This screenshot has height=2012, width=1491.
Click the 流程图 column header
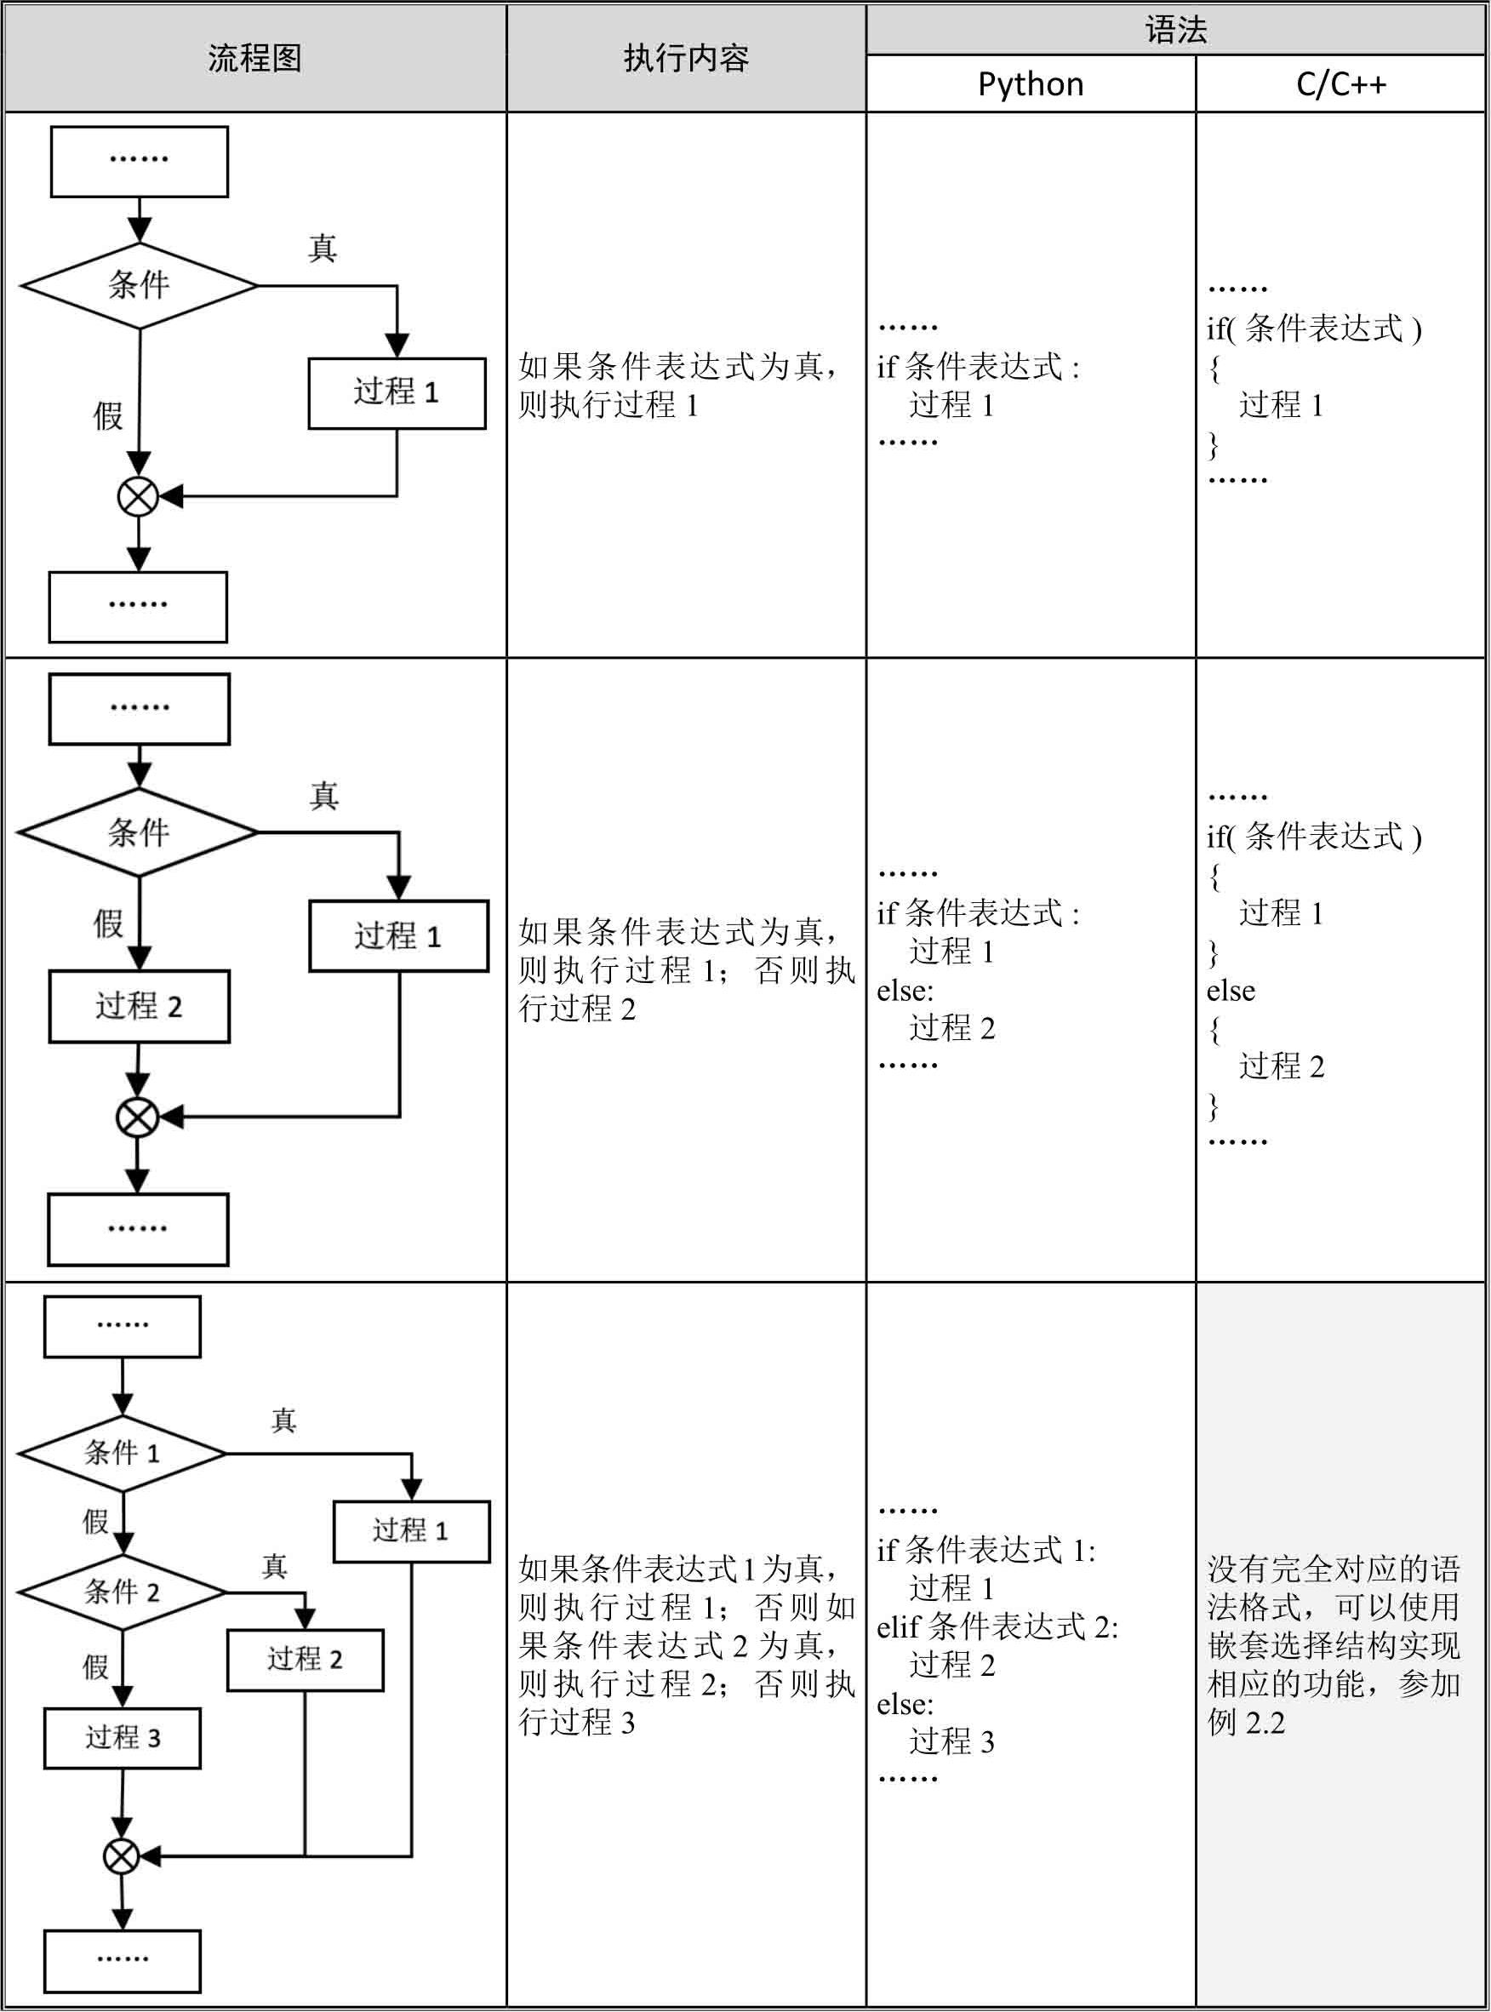coord(254,59)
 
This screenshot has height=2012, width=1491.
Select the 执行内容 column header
coord(686,59)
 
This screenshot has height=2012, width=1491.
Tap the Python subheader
coord(1031,85)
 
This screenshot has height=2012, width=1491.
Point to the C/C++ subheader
coord(1340,85)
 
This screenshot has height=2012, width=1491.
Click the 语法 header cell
coord(1175,31)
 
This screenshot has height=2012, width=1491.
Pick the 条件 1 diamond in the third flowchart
coord(122,1452)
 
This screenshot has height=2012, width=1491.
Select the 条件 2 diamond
coord(122,1592)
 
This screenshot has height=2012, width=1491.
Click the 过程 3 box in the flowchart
coord(122,1737)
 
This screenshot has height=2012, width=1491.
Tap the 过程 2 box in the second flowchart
coord(139,1005)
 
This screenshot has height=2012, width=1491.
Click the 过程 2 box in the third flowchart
coord(305,1659)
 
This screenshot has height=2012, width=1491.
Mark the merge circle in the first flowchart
coord(138,495)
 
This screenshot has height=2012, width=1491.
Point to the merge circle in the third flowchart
coord(121,1856)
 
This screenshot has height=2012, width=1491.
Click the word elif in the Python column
coord(897,1627)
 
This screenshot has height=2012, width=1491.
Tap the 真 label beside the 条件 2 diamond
coord(274,1566)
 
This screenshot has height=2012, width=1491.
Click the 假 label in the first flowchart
coord(108,416)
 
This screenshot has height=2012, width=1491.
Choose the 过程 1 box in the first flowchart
coord(397,392)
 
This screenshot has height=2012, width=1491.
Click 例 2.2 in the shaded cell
coord(1246,1723)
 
